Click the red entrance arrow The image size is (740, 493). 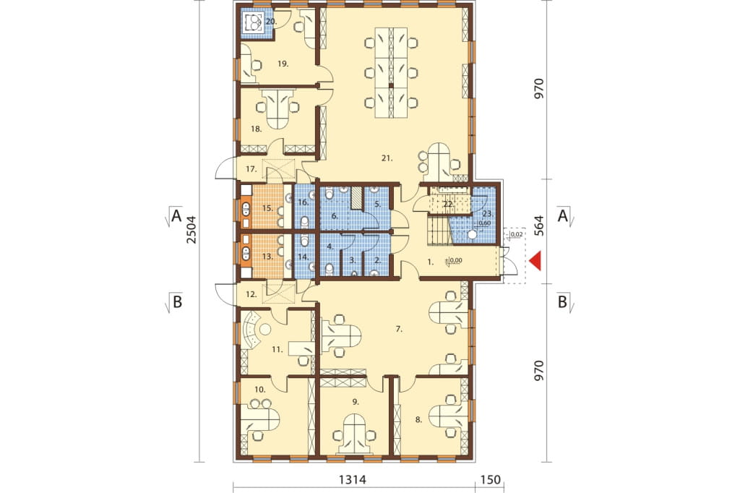tap(535, 262)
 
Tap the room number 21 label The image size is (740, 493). tap(387, 158)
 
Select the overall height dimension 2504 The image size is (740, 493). tap(191, 229)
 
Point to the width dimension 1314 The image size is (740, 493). tap(353, 480)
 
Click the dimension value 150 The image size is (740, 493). tap(491, 480)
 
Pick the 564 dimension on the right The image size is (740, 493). tap(538, 226)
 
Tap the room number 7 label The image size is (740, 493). tap(399, 329)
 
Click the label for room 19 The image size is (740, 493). tap(283, 64)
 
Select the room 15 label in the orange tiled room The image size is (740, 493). tap(267, 207)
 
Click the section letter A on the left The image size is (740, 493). tap(176, 216)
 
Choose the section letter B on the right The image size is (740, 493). tap(562, 301)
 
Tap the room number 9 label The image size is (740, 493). tap(356, 402)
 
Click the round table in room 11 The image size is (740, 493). tap(264, 329)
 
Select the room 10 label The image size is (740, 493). tap(260, 390)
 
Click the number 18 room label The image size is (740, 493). tap(257, 129)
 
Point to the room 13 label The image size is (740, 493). tap(267, 257)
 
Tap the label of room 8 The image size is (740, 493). tap(419, 419)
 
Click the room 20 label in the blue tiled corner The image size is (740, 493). tap(271, 21)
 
